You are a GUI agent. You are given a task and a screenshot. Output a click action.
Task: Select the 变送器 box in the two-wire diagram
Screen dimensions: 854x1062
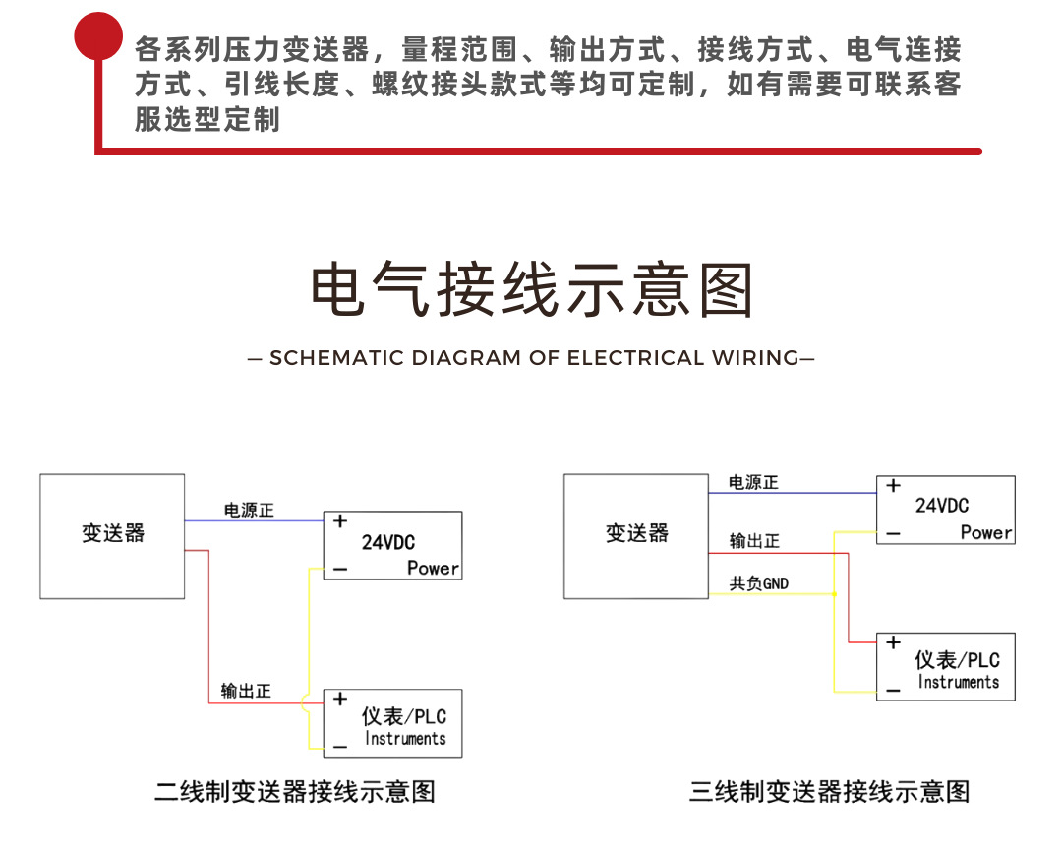tap(112, 535)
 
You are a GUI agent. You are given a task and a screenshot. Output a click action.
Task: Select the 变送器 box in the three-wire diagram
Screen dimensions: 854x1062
tap(636, 535)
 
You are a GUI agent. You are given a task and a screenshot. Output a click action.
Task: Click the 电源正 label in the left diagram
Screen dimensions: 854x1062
tap(249, 511)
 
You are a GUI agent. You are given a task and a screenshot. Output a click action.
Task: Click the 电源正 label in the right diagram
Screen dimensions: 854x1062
tap(752, 482)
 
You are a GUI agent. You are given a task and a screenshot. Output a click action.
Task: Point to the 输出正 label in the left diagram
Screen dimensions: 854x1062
tap(246, 691)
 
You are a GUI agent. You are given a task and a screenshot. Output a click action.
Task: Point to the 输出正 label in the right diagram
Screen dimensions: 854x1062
tap(754, 541)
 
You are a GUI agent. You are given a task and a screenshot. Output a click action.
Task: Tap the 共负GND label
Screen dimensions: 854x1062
tap(758, 583)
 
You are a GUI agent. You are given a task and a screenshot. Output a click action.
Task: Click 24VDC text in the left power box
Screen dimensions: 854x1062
tap(388, 542)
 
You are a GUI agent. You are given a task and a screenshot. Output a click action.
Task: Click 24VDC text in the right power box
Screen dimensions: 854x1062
tap(941, 506)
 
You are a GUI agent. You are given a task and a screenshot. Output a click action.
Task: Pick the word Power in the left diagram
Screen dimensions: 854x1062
tap(433, 568)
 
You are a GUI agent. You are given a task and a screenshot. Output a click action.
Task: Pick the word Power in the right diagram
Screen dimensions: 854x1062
tap(985, 532)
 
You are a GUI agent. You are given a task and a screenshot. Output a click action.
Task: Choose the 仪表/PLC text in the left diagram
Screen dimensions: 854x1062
tap(404, 716)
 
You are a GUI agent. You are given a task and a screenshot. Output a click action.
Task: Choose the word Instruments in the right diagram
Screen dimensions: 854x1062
tap(958, 682)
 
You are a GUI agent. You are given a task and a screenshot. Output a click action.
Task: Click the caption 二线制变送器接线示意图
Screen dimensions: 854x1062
tap(295, 791)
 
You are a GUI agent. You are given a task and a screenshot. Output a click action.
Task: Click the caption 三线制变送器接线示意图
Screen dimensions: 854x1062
tap(829, 791)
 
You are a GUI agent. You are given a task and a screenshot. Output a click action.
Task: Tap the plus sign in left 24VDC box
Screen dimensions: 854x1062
tap(339, 521)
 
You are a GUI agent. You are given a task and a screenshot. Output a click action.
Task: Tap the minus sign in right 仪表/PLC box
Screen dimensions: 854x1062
tap(892, 690)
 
